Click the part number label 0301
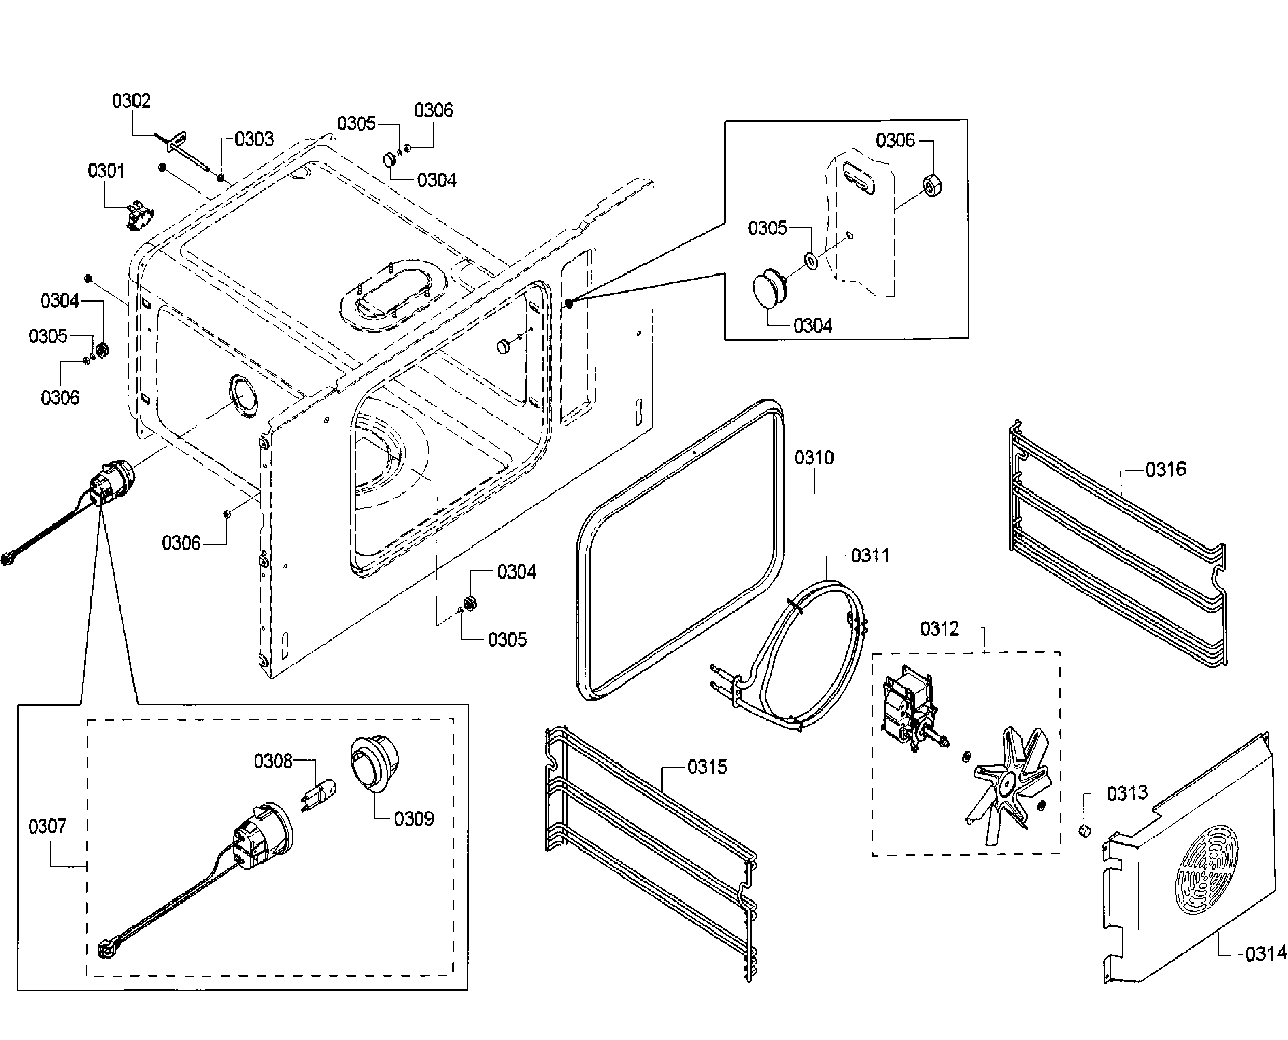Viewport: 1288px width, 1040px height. tap(106, 171)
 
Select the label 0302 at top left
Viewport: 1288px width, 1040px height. tap(131, 101)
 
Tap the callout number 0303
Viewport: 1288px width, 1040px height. tap(254, 139)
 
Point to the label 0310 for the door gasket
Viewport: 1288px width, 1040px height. tap(814, 458)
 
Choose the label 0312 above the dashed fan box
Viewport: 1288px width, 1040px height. tap(939, 629)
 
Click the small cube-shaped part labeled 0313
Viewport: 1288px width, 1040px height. tap(1084, 830)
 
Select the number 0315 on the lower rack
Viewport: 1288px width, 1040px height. tap(707, 767)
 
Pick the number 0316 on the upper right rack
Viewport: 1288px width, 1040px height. tap(1165, 469)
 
